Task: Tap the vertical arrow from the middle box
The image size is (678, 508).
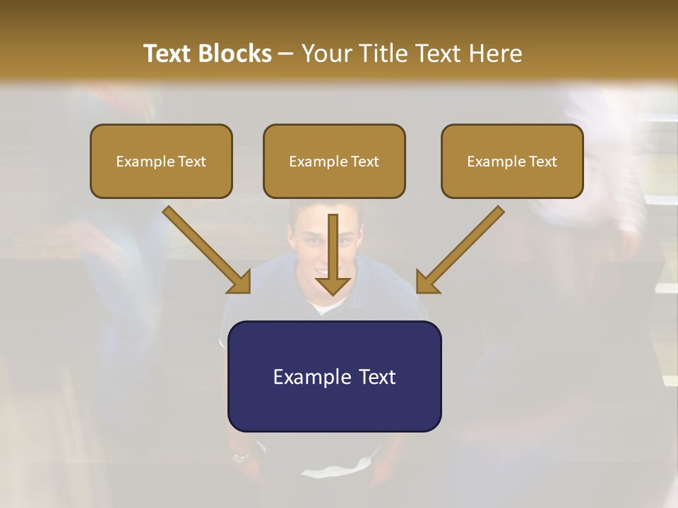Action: (x=333, y=247)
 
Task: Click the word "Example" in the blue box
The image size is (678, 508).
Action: (x=313, y=377)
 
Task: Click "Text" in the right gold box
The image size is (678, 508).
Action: (x=542, y=162)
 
